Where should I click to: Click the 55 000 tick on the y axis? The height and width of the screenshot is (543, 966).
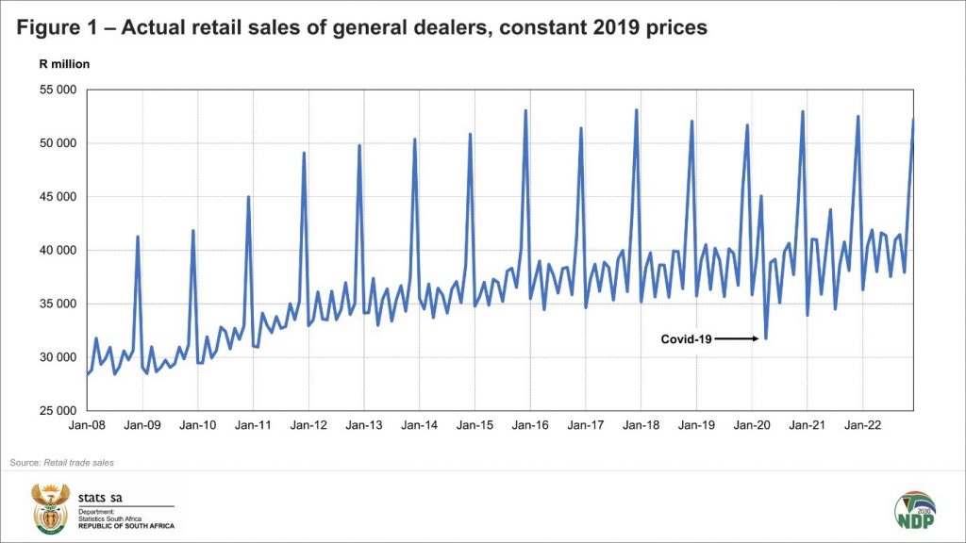[58, 90]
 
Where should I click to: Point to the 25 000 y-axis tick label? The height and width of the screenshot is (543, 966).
[58, 411]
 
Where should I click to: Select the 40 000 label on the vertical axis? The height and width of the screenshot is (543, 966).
[58, 251]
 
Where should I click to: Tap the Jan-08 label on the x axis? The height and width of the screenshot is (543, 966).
[87, 426]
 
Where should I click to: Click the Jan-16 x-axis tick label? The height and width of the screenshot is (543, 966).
[530, 426]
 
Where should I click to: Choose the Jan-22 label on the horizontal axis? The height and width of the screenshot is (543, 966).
[863, 426]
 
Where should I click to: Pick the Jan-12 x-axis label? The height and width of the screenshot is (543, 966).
[308, 426]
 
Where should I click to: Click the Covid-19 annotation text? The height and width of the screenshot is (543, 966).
[686, 338]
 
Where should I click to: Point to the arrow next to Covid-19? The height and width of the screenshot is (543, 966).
[736, 338]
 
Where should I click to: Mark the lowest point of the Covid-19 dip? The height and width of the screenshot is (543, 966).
[766, 338]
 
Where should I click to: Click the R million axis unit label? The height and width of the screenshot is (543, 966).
[64, 64]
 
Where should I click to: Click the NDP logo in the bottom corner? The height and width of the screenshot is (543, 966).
[914, 508]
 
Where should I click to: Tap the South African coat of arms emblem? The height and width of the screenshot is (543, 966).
[51, 508]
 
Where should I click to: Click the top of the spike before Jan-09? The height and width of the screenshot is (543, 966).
[138, 236]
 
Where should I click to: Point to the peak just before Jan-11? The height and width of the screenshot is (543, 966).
[248, 196]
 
